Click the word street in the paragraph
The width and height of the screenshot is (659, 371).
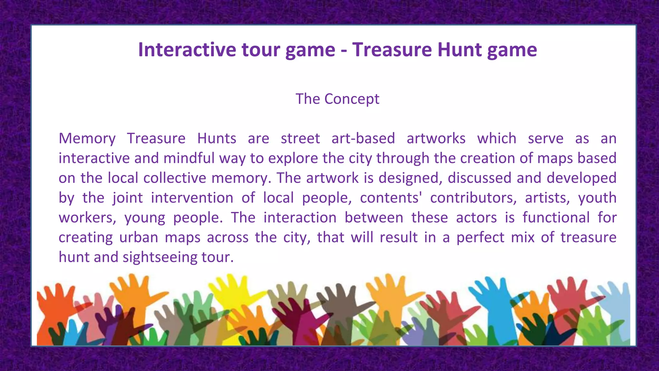point(300,138)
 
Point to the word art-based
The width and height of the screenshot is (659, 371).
point(363,138)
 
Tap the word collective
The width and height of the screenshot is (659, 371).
point(174,178)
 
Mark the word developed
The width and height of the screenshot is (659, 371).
point(581,178)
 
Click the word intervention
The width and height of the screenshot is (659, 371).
point(192,198)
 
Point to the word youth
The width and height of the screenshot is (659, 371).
point(597,198)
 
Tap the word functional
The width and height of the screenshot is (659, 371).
point(556,218)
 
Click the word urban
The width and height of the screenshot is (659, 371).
point(139,237)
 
